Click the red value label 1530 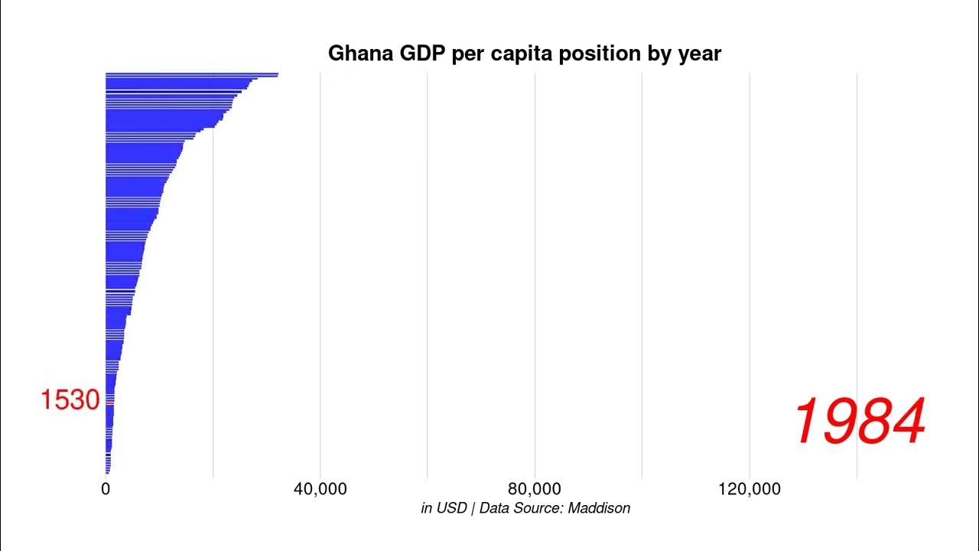click(x=70, y=400)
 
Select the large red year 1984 click(x=860, y=422)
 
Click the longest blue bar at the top click(x=191, y=75)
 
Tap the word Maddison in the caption click(x=599, y=508)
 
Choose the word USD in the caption click(x=451, y=508)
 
